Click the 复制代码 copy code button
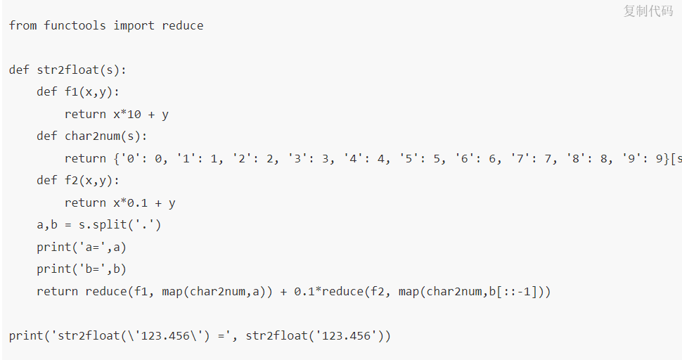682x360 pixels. (648, 11)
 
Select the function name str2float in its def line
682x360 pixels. (68, 70)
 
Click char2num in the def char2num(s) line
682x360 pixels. (93, 136)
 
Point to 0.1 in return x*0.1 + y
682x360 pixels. (138, 203)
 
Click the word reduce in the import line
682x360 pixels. (183, 26)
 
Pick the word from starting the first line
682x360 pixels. (23, 26)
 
